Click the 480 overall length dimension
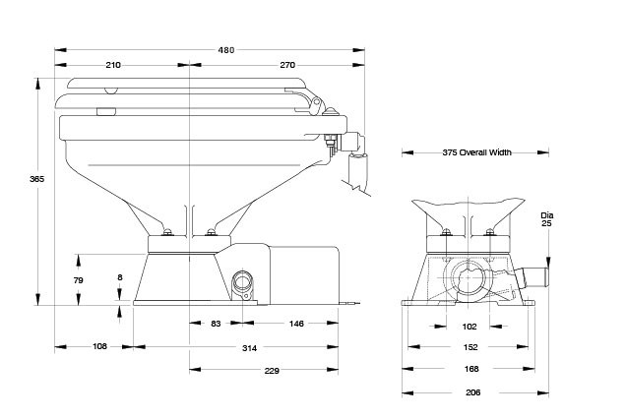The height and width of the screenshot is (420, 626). pos(226,50)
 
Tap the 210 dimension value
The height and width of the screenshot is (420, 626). pos(113,65)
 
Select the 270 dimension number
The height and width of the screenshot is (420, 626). pos(287,65)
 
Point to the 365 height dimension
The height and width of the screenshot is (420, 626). pos(36,179)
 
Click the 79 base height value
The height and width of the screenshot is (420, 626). pos(79,280)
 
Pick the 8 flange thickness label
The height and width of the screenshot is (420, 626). pos(120,277)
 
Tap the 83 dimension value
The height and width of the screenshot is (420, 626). pos(216,324)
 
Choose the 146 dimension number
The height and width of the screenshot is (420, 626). pos(296,324)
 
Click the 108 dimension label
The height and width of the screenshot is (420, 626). pos(99,346)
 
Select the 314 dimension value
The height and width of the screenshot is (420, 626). pos(249,348)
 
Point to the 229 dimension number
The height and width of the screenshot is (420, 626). pos(272,371)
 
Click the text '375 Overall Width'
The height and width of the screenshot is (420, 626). pos(476,152)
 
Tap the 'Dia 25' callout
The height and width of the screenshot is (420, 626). pos(546,219)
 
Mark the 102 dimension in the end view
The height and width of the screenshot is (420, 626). pos(469,327)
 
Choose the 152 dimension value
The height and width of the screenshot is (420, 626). pos(470,347)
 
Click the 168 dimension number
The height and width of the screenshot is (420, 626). pos(471,369)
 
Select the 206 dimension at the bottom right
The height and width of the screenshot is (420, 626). pos(473,392)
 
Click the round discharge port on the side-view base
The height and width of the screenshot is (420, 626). pos(242,281)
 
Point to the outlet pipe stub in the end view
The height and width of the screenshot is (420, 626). pos(532,277)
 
